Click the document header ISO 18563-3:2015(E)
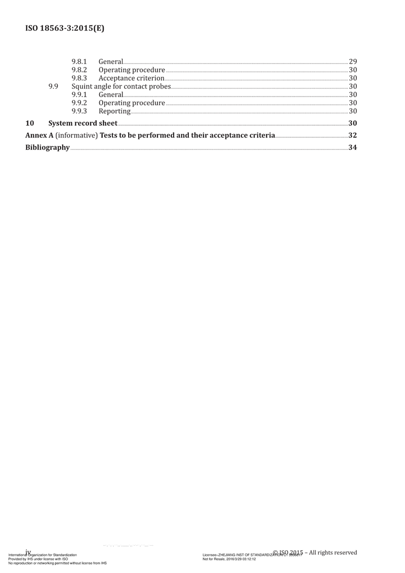coord(65,28)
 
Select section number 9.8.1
coord(79,62)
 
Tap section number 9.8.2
coord(79,70)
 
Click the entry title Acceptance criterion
coord(131,78)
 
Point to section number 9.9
coord(53,86)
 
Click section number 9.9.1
coord(79,95)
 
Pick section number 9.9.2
coord(79,103)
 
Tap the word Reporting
coord(114,111)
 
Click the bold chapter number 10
coord(30,123)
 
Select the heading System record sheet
coord(83,123)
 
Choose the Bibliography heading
coord(48,148)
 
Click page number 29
coord(353,62)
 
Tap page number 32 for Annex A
coord(353,135)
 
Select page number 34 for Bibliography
coord(353,148)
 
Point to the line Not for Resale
coord(229,559)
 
